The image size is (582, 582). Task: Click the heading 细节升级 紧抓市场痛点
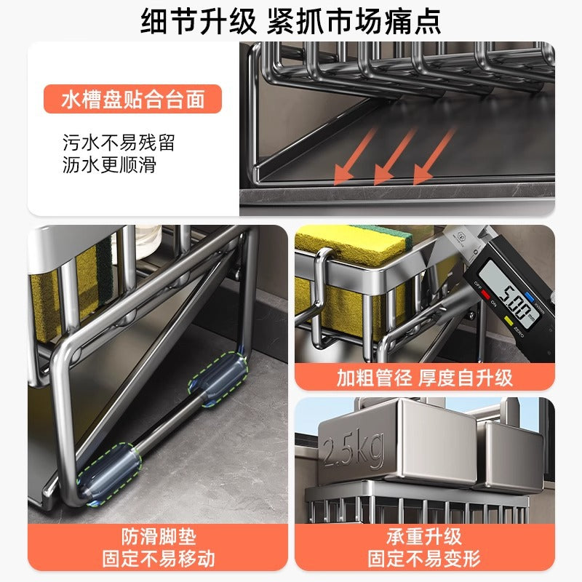(x=290, y=22)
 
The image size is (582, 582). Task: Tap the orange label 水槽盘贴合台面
(x=132, y=99)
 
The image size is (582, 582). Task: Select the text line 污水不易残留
(x=119, y=143)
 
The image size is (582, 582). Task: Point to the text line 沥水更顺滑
(x=109, y=165)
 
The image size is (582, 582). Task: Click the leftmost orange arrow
(x=354, y=156)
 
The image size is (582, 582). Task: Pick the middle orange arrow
(x=394, y=156)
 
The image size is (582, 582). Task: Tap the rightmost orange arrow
(x=434, y=156)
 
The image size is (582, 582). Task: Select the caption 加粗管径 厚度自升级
(x=425, y=378)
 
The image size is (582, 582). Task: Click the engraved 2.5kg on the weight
(x=354, y=449)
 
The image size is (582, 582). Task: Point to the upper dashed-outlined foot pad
(x=218, y=379)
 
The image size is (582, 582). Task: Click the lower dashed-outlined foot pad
(x=109, y=474)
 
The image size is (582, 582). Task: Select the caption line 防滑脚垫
(x=159, y=537)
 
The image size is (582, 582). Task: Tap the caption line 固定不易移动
(x=159, y=559)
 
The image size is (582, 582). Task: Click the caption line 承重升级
(x=424, y=537)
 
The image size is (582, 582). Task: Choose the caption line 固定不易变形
(x=424, y=559)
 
